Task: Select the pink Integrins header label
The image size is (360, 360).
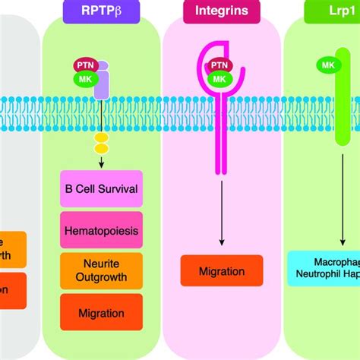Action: point(221,11)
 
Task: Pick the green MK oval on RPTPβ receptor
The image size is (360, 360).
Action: point(84,77)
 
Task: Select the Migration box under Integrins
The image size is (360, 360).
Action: point(222,270)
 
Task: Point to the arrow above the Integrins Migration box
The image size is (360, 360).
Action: point(222,220)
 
